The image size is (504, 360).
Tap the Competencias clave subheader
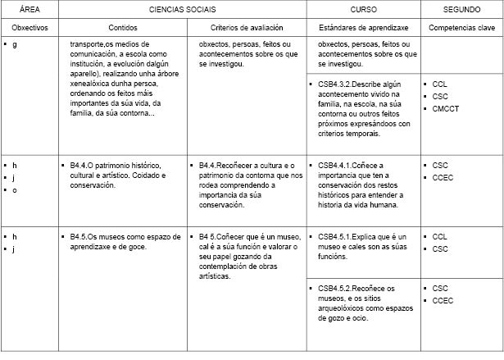tap(461, 27)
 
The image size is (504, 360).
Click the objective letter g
tap(15, 43)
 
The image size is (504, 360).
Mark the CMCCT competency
tap(448, 108)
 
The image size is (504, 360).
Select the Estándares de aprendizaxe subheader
tap(363, 27)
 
